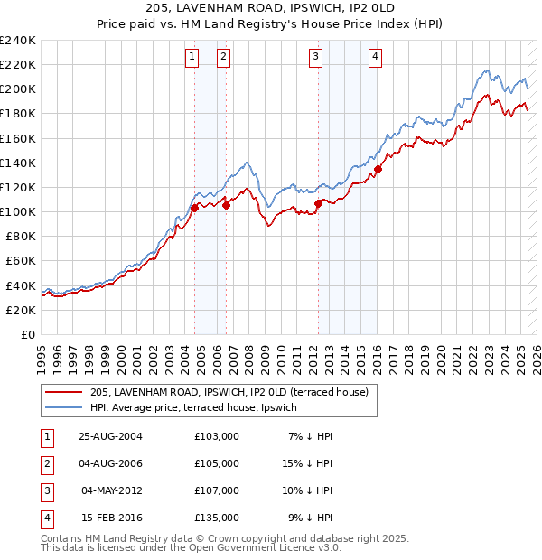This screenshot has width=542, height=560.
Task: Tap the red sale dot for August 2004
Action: coord(195,208)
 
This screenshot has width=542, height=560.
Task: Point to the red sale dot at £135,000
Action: coord(378,169)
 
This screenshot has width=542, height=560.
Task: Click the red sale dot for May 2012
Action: coord(318,203)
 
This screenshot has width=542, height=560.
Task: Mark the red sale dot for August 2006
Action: coord(226,205)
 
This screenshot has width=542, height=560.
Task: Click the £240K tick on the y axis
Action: coord(18,41)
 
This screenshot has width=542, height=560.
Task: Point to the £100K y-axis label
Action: coord(18,211)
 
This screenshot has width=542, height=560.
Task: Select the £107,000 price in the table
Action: coord(217,490)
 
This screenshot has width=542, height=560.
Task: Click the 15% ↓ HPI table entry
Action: coord(309,463)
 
